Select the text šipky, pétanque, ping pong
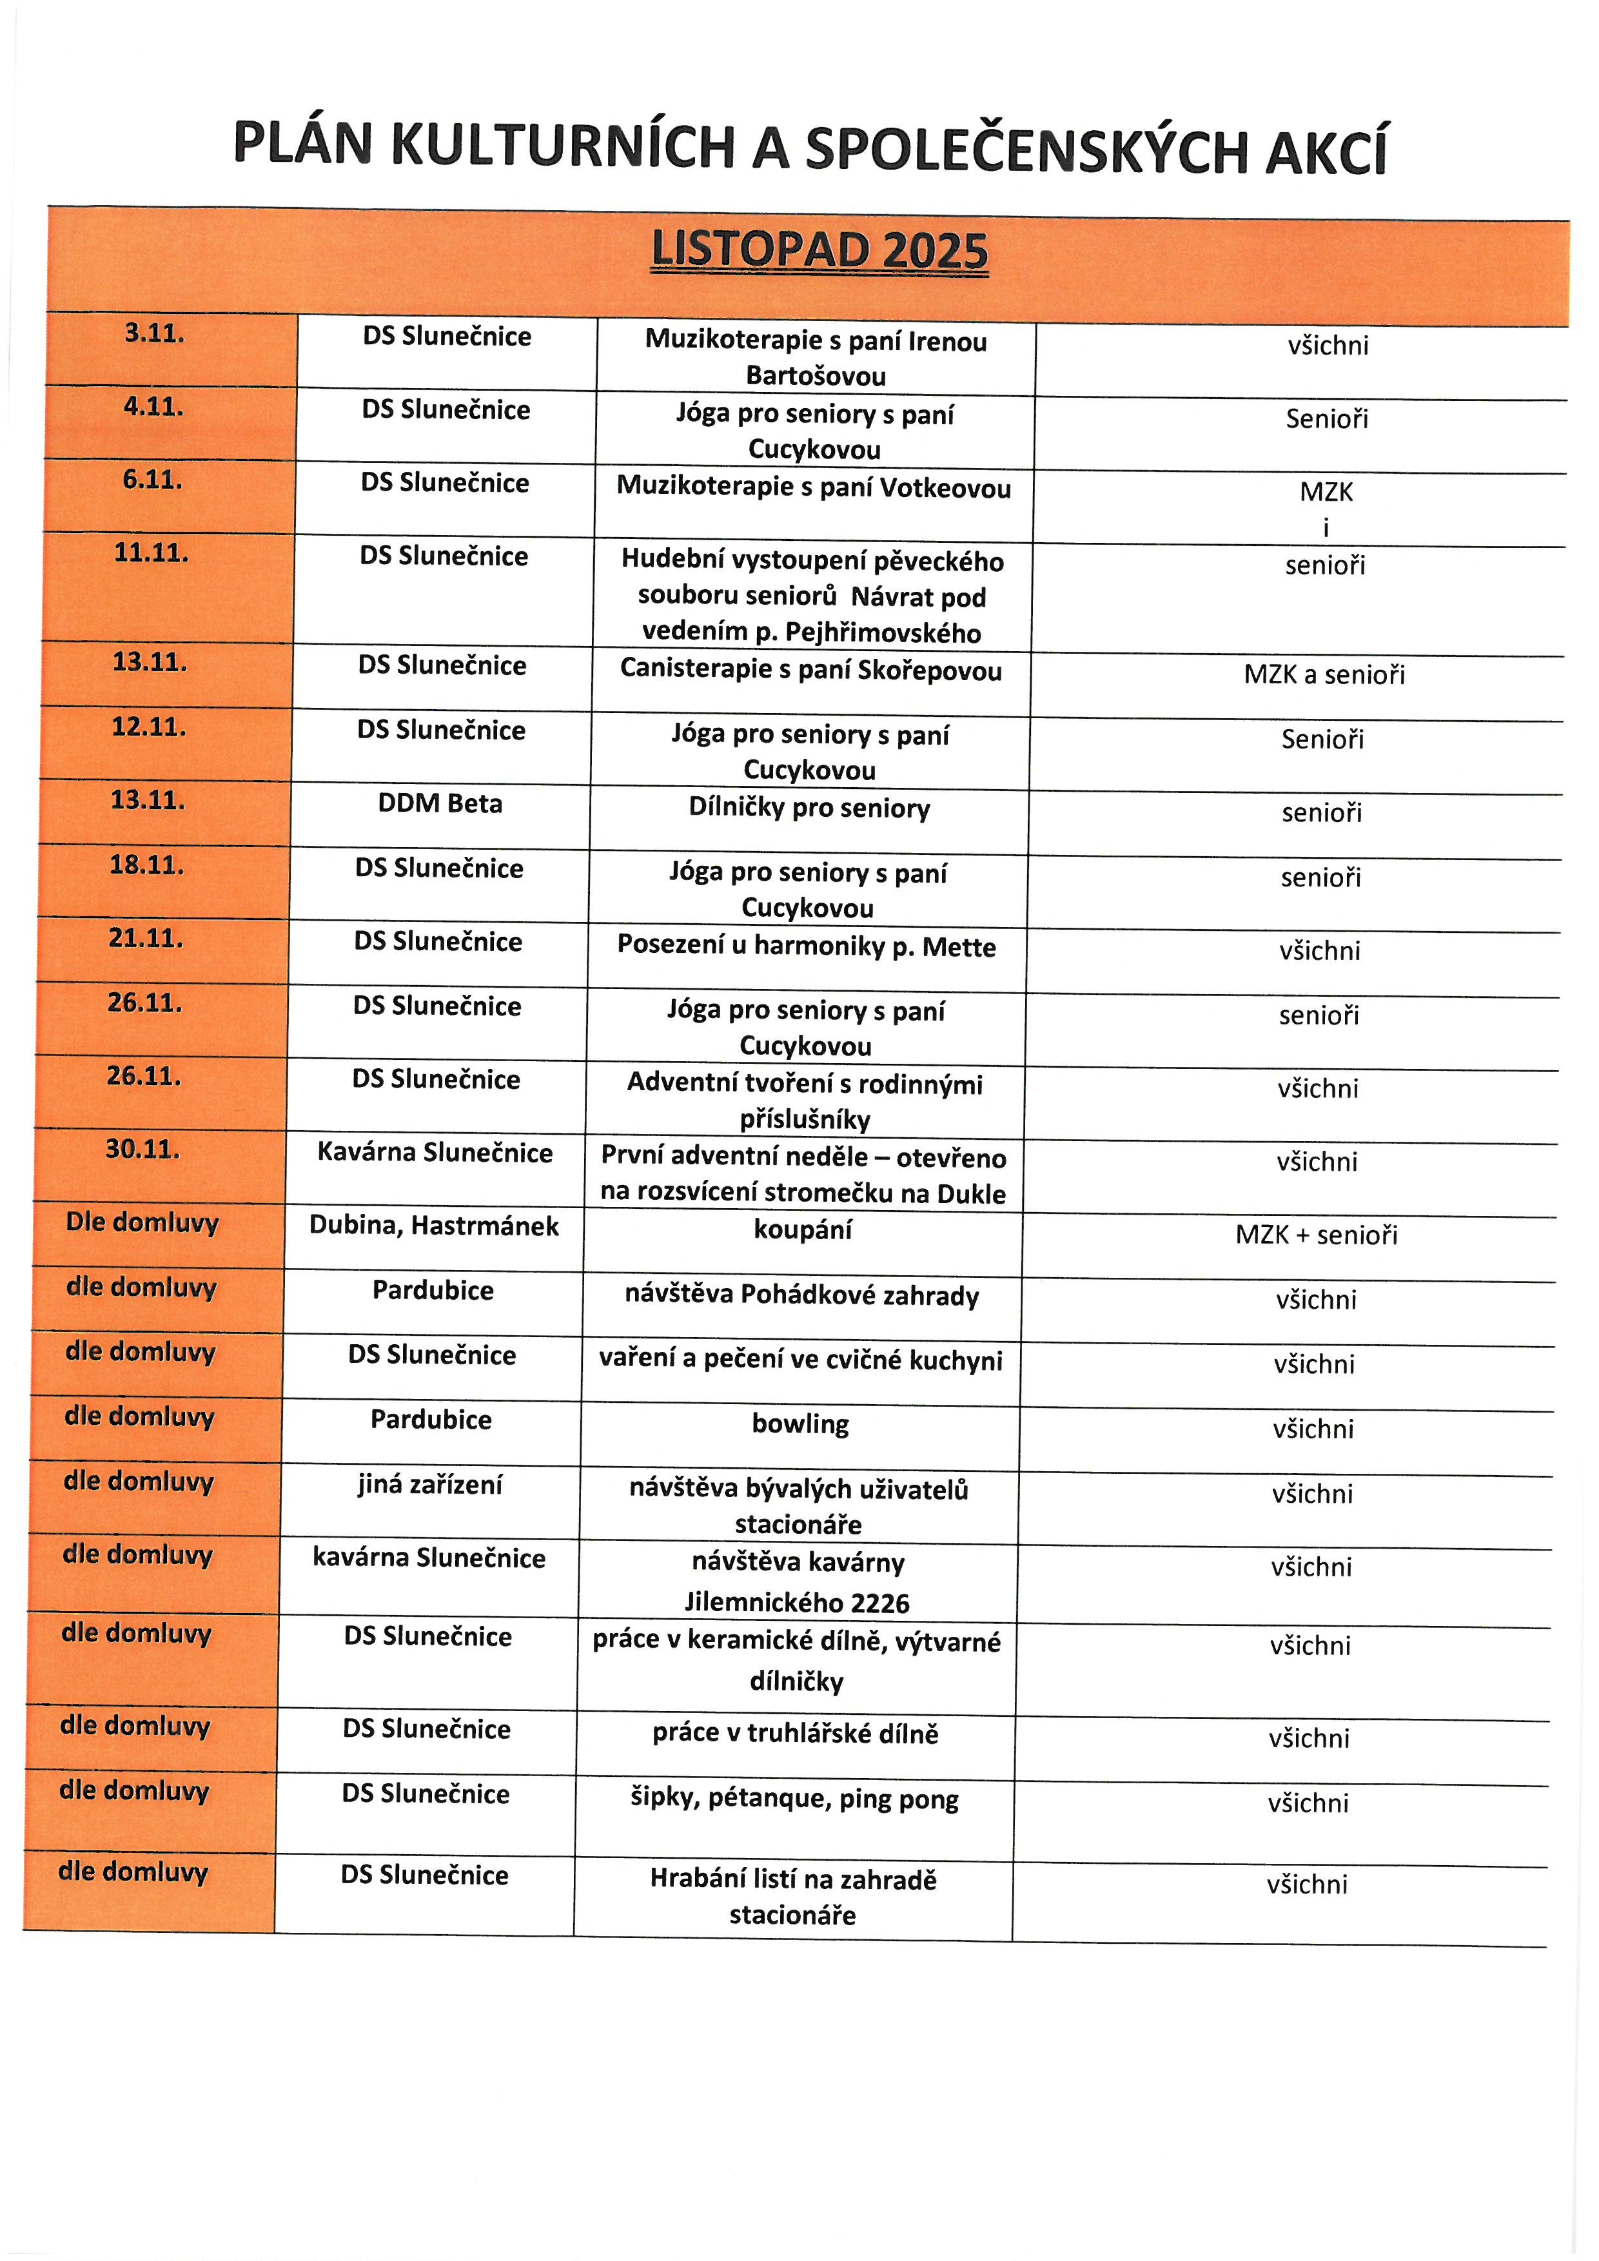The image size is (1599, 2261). click(x=794, y=1799)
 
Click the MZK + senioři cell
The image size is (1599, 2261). click(x=1317, y=1235)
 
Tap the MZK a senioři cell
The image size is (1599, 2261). click(x=1324, y=674)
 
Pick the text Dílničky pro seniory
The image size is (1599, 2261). click(x=809, y=808)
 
